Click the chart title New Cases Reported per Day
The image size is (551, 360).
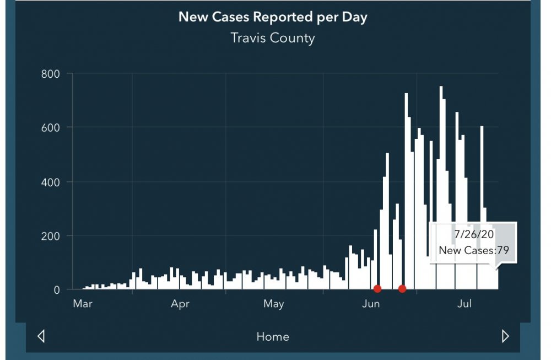(273, 17)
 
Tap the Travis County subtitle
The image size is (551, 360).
(273, 38)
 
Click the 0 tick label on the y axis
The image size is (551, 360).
(57, 289)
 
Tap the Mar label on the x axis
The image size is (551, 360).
(83, 304)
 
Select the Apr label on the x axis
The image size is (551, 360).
(180, 304)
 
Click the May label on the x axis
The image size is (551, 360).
(274, 304)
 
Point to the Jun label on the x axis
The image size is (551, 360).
(371, 304)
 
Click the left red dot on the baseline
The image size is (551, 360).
(377, 289)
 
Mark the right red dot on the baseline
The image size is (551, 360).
(402, 289)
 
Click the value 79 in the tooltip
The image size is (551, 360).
(502, 250)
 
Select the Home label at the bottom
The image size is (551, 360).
(273, 337)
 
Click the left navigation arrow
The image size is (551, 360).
(40, 336)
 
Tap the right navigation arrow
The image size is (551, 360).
(505, 336)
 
